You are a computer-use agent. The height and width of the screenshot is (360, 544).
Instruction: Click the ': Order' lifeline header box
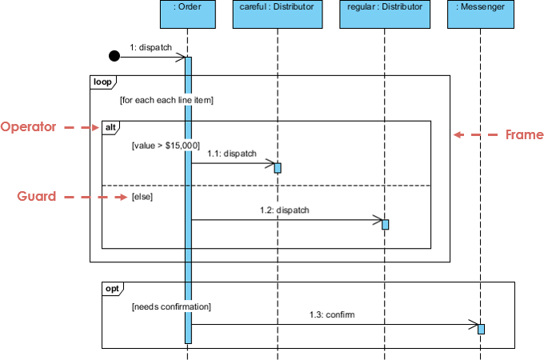[x=187, y=14]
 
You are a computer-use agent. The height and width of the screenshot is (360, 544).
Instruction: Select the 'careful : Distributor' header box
[x=278, y=14]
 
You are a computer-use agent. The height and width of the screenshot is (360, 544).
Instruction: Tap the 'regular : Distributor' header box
[x=385, y=14]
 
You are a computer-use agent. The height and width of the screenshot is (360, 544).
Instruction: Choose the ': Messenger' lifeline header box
[x=480, y=14]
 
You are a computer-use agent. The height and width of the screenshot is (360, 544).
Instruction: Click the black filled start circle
[x=114, y=56]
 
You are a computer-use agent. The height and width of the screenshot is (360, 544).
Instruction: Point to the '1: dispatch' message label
[x=151, y=47]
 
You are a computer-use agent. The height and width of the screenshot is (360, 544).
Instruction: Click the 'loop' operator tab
[x=102, y=81]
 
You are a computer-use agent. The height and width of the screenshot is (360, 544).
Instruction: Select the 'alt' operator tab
[x=110, y=126]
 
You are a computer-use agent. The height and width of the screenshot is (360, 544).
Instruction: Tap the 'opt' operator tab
[x=113, y=287]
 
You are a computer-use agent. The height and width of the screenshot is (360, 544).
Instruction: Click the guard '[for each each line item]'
[x=166, y=101]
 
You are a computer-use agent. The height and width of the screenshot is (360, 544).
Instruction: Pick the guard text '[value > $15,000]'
[x=166, y=146]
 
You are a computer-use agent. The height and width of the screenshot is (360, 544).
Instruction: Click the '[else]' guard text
[x=142, y=196]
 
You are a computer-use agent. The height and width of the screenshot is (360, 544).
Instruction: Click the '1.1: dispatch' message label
[x=232, y=153]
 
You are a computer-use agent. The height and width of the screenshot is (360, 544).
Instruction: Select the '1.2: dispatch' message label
[x=285, y=210]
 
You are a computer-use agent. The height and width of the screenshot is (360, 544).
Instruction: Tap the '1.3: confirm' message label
[x=332, y=314]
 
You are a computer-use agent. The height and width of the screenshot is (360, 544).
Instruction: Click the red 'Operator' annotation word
[x=28, y=127]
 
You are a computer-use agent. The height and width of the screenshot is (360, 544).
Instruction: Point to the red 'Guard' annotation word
[x=37, y=196]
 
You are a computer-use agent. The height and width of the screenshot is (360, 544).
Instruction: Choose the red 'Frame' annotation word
[x=524, y=134]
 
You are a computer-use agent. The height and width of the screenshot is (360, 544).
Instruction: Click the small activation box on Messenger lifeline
[x=481, y=329]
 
